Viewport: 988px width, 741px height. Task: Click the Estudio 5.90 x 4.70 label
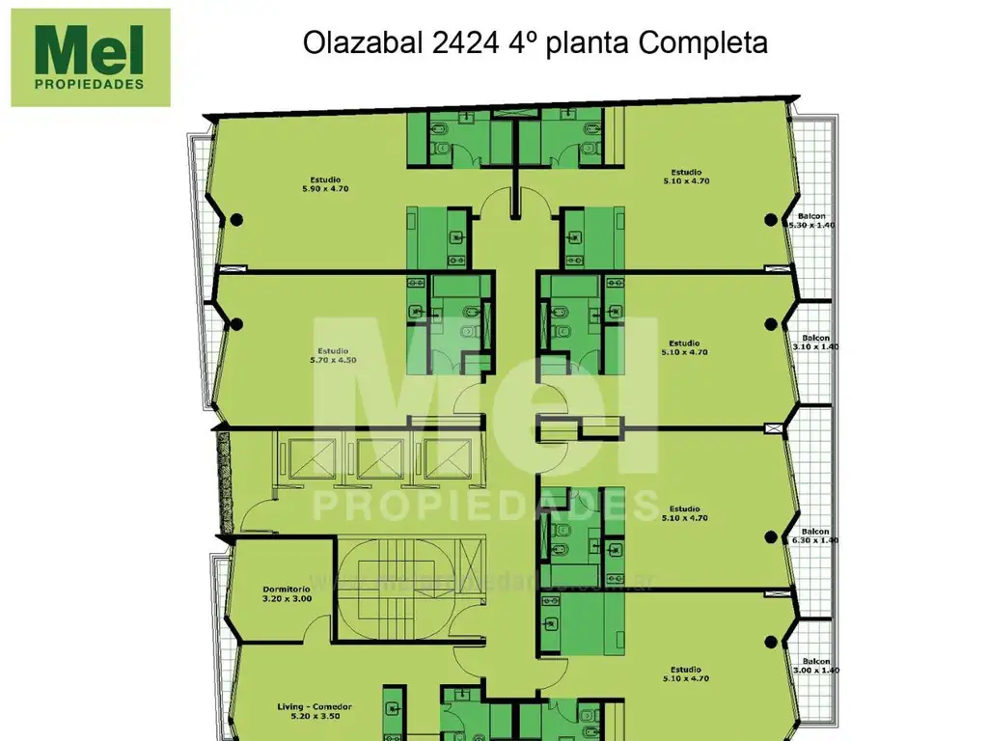(x=329, y=183)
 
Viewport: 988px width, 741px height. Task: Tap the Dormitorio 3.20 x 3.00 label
(x=286, y=593)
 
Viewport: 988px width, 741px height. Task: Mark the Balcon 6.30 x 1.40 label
(x=815, y=535)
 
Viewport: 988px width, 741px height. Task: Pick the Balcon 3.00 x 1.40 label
(x=816, y=665)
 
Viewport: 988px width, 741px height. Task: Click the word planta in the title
(x=590, y=43)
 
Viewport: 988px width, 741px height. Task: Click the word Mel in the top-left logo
(x=89, y=50)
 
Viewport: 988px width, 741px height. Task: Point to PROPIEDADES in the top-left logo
(x=90, y=83)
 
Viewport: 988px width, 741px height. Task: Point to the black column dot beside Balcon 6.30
(x=770, y=537)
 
